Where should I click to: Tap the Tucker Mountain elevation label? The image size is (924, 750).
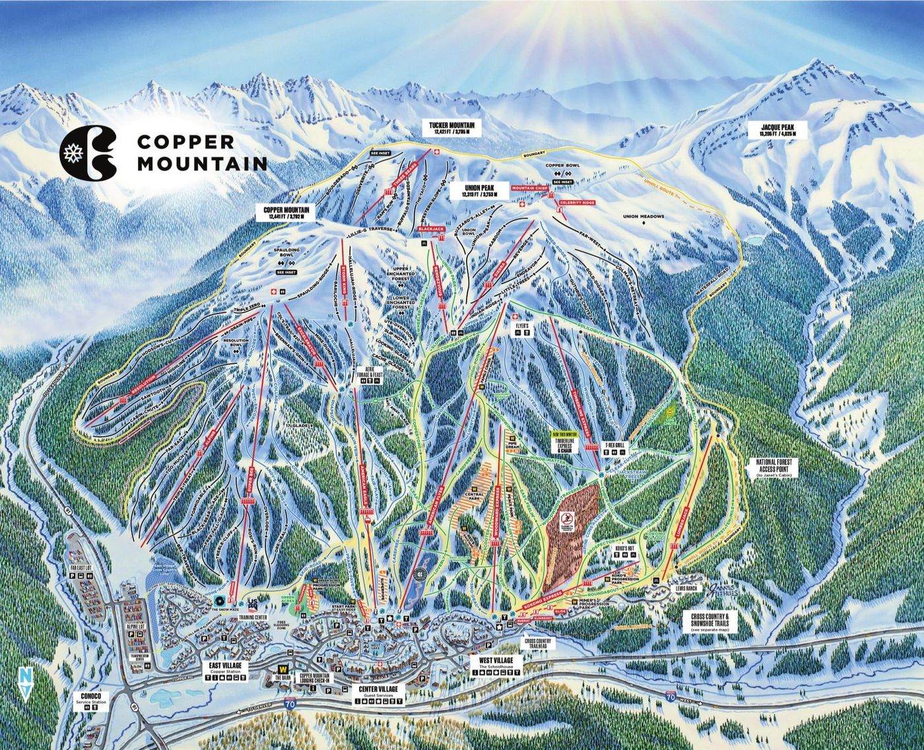pos(455,128)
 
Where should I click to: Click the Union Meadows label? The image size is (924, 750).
pos(643,217)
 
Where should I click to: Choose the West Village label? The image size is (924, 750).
pos(496,660)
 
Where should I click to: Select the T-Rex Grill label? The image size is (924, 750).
pos(614,446)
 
